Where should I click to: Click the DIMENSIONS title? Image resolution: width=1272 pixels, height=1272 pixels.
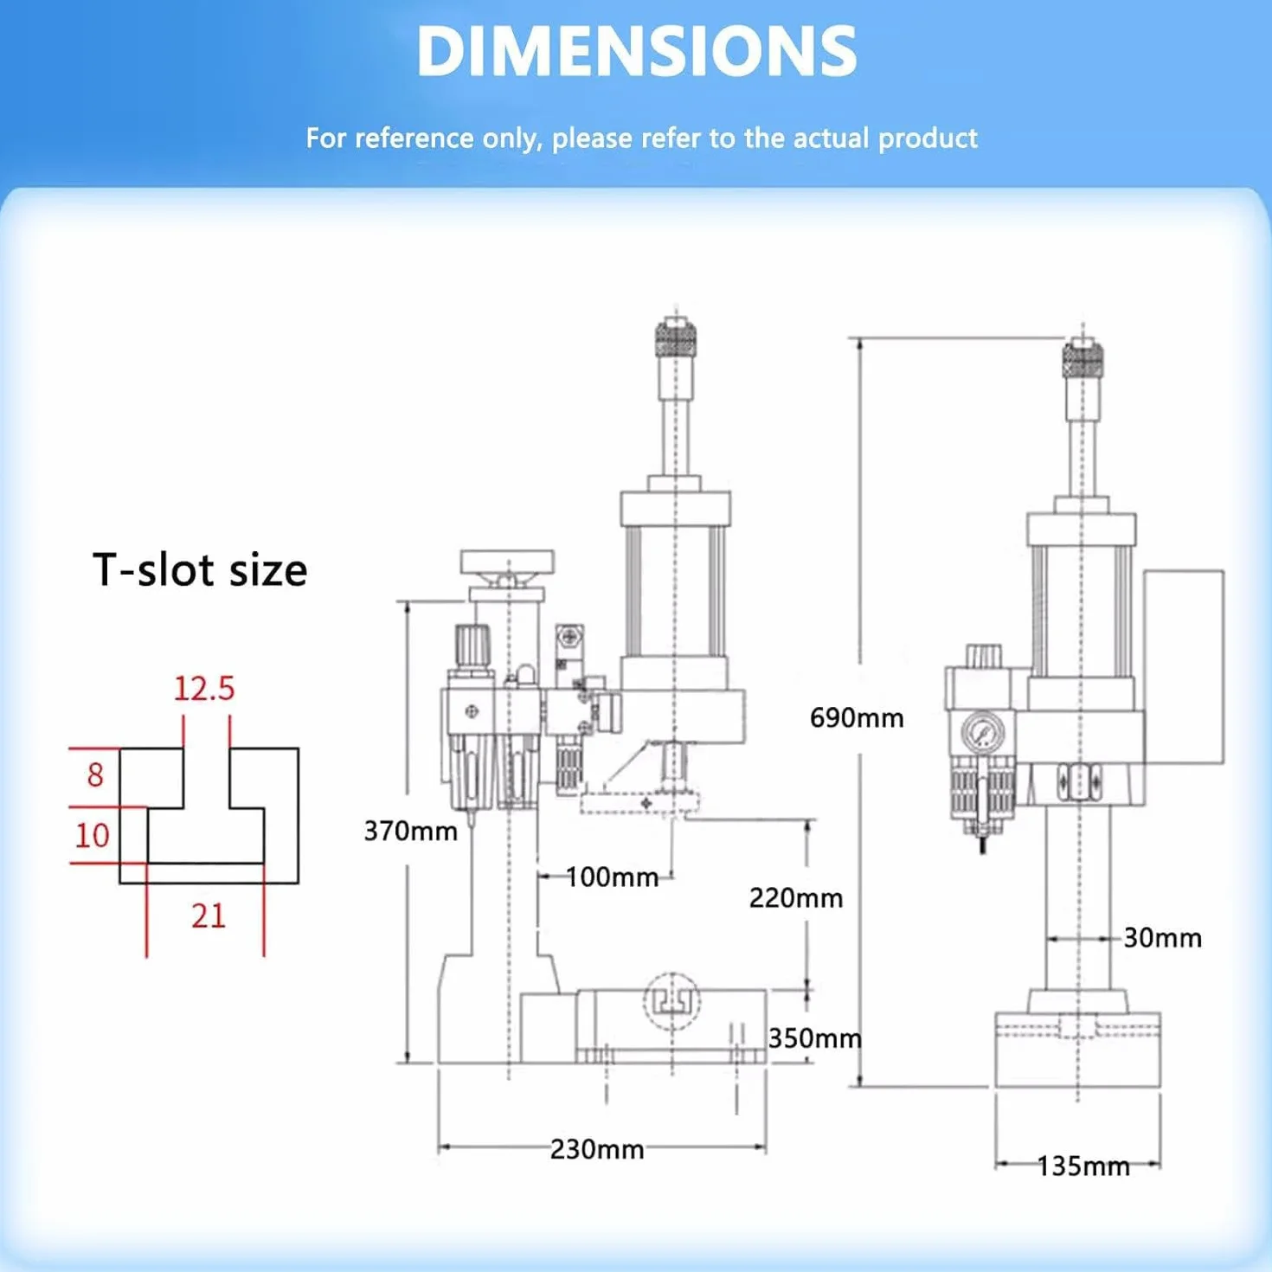[x=637, y=53]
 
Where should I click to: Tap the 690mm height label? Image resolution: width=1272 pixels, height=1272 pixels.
[x=857, y=717]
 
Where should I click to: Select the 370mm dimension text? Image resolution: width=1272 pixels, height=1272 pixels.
[x=410, y=831]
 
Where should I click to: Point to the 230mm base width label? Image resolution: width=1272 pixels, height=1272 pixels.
[x=597, y=1149]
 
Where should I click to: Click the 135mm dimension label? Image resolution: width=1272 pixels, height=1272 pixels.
[x=1083, y=1166]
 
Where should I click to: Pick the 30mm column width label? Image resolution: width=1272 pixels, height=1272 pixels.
[x=1162, y=938]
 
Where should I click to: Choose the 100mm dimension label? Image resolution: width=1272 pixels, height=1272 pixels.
[x=612, y=877]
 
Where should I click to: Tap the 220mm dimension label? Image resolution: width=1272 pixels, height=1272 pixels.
[x=796, y=897]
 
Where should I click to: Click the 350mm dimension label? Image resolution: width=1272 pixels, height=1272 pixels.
[x=815, y=1038]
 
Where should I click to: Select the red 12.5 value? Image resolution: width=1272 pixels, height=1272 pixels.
[x=204, y=689]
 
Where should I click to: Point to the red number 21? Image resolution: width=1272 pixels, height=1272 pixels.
[x=209, y=916]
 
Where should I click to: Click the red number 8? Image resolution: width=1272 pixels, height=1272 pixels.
[x=95, y=774]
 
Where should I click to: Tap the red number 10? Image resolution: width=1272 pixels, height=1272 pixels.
[x=92, y=836]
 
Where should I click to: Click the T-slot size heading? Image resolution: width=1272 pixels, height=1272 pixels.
[x=200, y=569]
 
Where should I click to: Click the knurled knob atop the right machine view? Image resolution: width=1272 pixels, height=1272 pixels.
[x=1083, y=358]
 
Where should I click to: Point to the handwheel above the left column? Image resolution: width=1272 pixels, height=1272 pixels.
[x=507, y=562]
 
